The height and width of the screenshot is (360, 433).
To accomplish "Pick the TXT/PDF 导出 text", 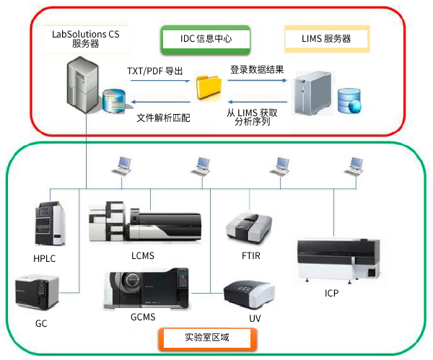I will (x=154, y=71).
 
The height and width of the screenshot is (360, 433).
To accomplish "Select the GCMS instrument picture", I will (x=145, y=288).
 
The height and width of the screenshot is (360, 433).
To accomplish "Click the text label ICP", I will (x=332, y=294).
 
